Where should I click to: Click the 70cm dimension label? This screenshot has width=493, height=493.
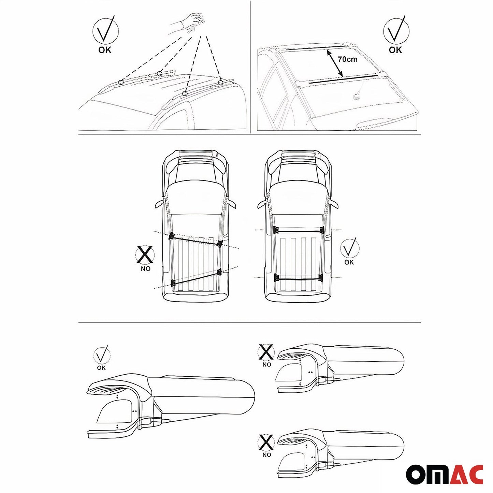[x=348, y=59]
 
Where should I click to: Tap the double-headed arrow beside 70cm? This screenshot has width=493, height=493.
[x=335, y=63]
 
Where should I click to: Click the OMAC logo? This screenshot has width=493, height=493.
[x=445, y=474]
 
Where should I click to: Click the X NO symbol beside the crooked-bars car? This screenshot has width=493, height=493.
[x=145, y=255]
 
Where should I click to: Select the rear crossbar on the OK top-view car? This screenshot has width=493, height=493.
[x=298, y=277]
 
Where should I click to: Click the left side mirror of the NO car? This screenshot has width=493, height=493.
[x=159, y=204]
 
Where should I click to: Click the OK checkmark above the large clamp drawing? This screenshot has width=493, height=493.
[x=102, y=354]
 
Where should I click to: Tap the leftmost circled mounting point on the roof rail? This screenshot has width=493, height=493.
[x=121, y=82]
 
